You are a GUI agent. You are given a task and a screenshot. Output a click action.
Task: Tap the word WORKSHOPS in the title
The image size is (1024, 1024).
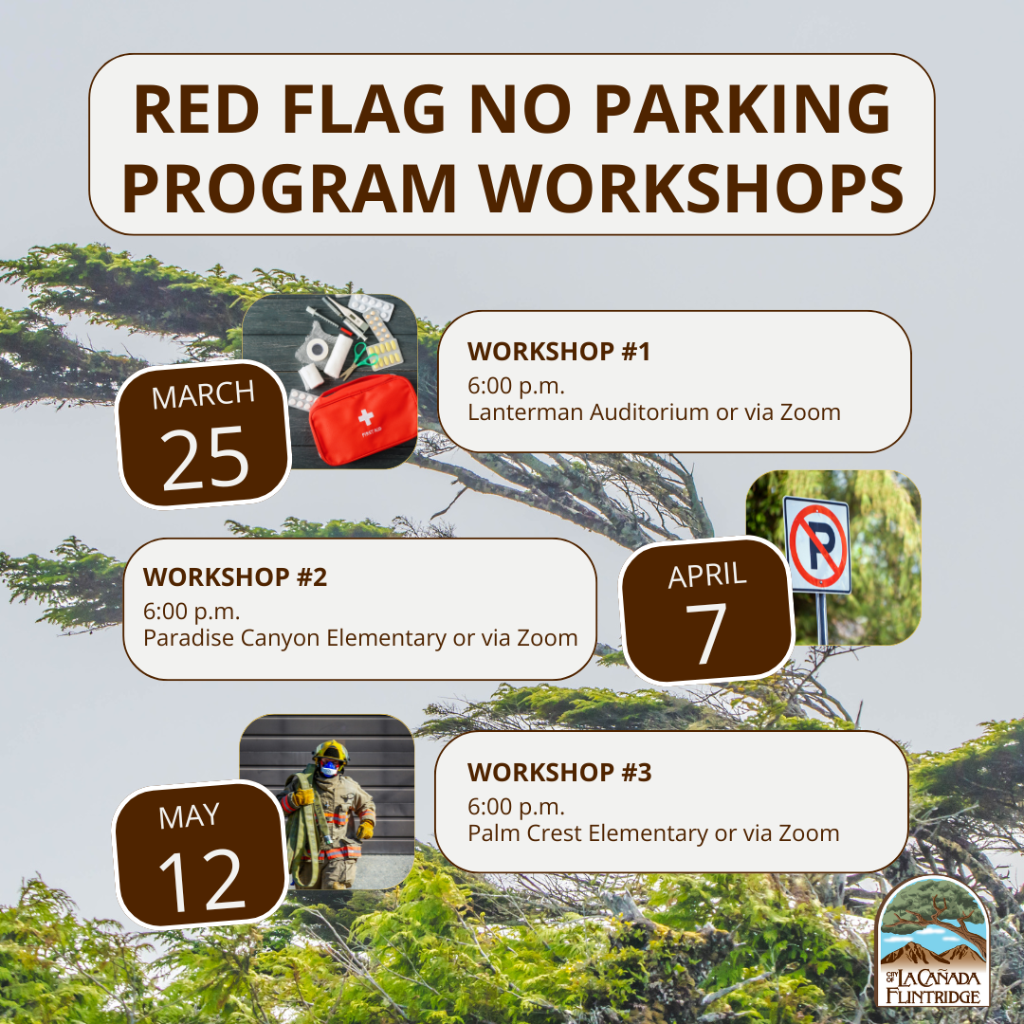click(691, 188)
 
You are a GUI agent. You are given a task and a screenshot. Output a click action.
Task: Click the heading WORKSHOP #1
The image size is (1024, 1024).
click(559, 352)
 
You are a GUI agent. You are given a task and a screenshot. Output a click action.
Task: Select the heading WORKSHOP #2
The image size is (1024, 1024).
click(235, 577)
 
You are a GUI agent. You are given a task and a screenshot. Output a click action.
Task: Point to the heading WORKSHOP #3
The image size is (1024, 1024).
click(559, 773)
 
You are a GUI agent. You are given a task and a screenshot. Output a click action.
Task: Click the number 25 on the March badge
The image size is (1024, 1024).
click(205, 459)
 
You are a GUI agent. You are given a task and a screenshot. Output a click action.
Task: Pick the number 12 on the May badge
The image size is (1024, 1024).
click(202, 880)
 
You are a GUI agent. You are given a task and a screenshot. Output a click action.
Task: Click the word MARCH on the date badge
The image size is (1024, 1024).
click(203, 395)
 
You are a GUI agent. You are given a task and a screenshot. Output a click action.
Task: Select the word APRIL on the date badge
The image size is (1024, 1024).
click(706, 576)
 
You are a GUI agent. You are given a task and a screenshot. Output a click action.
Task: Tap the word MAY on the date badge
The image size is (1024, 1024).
click(189, 817)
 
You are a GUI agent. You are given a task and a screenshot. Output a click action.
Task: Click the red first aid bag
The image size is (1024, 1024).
click(363, 419)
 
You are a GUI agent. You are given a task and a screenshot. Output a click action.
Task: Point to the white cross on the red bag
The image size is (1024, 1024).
click(366, 415)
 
